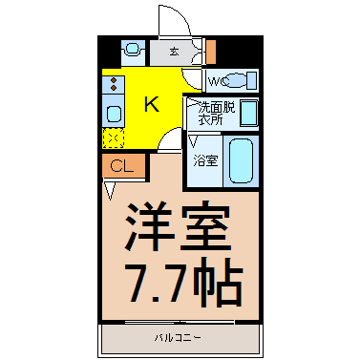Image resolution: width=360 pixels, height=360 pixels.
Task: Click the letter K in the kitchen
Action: pyautogui.click(x=152, y=104)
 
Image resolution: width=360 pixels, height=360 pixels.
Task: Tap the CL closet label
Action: pyautogui.click(x=122, y=165)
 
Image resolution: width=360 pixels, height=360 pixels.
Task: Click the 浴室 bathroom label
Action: pyautogui.click(x=206, y=161)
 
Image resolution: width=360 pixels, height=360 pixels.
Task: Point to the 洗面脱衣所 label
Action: pyautogui.click(x=217, y=114)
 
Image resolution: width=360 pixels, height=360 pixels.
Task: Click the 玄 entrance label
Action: pyautogui.click(x=174, y=52)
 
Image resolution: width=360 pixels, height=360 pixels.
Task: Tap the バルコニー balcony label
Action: pyautogui.click(x=178, y=338)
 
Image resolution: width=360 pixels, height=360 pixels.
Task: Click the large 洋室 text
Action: pyautogui.click(x=179, y=226)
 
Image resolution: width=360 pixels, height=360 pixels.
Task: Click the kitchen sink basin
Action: pyautogui.click(x=114, y=114)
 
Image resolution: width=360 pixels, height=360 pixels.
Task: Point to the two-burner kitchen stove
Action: pyautogui.click(x=113, y=84)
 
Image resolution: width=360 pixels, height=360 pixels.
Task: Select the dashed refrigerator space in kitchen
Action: pyautogui.click(x=113, y=138)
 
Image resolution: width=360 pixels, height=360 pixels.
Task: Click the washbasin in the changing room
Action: pyautogui.click(x=248, y=113)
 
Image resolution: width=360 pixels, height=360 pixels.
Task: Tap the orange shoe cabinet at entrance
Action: pyautogui.click(x=211, y=51)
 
